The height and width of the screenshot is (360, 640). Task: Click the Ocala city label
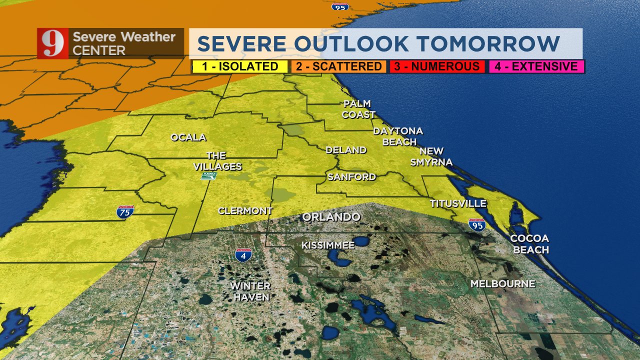point(188,137)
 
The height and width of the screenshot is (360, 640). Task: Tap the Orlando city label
point(331,217)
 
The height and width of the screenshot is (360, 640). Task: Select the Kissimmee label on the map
point(328,245)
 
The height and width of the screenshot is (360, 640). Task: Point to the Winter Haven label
point(250,291)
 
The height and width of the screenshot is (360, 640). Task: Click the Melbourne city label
point(502,284)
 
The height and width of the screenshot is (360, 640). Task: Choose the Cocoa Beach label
point(529,244)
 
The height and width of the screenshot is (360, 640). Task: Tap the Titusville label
point(458,203)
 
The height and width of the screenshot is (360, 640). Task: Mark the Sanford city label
point(351,177)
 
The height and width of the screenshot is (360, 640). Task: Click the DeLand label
point(346,150)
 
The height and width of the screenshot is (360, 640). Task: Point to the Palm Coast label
point(358,109)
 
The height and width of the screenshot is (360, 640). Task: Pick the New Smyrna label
point(431,156)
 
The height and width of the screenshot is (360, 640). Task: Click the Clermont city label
point(245,211)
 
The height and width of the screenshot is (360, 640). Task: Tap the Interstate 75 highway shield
point(125,212)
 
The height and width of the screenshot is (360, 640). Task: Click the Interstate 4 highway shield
point(243,255)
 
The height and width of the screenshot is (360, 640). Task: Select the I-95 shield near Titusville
point(477,224)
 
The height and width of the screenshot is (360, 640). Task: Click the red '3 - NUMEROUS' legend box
point(436,66)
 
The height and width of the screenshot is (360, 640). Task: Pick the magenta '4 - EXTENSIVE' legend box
point(534,66)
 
